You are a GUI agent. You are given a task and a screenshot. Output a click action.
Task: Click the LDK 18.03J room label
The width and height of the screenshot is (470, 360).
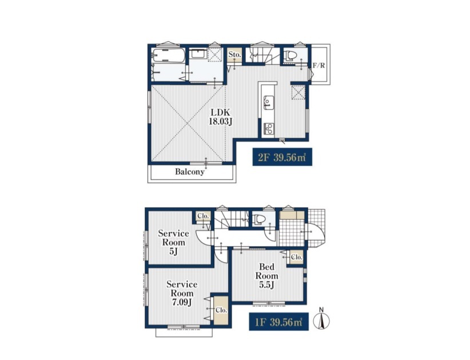point(221,117)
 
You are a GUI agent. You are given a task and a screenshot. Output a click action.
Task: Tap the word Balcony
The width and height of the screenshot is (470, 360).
point(190,172)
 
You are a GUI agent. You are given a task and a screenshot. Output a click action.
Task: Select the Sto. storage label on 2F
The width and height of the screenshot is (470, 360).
point(234,54)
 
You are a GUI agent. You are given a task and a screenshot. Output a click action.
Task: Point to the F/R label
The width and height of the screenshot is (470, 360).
point(318,65)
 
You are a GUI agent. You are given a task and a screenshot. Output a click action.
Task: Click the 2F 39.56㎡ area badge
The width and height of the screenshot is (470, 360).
point(282,157)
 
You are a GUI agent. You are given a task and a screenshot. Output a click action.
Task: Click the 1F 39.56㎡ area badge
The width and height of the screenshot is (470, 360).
point(279,322)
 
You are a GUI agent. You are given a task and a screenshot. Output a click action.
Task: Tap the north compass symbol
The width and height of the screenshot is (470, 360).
point(321,321)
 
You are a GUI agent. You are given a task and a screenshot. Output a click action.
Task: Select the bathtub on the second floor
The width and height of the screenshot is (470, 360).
point(169,56)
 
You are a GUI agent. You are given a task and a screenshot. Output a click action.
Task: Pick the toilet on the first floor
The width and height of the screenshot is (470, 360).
point(259,219)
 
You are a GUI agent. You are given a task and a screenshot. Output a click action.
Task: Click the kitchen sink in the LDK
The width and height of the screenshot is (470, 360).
point(268,102)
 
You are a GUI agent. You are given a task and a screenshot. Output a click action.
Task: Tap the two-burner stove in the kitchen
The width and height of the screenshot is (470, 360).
point(268,129)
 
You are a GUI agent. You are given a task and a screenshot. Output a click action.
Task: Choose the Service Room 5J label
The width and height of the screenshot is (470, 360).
point(173,242)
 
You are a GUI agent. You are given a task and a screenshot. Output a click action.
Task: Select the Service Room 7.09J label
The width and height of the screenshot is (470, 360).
point(182,293)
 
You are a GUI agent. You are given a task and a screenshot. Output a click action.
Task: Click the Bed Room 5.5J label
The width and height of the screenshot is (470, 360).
point(266,275)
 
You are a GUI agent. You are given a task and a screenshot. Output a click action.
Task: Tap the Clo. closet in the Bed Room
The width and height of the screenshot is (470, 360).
point(296,257)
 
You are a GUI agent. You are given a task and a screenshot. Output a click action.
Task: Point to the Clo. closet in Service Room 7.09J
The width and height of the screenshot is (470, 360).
point(221,310)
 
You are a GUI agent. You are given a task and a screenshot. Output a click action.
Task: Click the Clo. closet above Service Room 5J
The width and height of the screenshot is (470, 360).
point(203,216)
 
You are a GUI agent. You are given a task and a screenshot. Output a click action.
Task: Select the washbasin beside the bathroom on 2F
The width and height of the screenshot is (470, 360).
point(198,54)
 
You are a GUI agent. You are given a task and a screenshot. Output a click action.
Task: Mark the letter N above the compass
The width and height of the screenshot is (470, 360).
point(321,310)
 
